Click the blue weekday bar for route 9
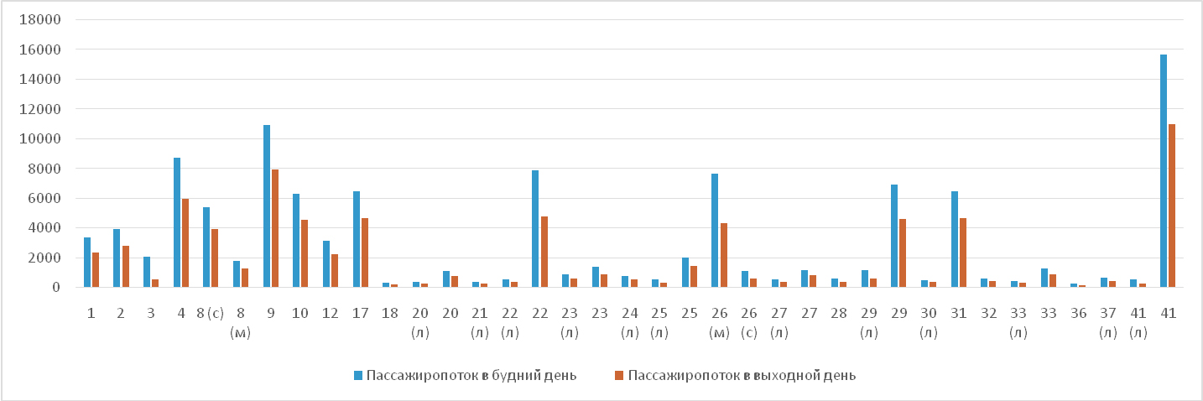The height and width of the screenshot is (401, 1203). (267, 206)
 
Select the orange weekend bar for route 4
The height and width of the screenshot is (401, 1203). (185, 243)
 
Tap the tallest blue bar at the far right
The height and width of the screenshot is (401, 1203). (1164, 171)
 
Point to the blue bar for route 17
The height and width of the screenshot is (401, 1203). (357, 239)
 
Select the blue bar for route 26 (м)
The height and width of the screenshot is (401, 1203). (715, 231)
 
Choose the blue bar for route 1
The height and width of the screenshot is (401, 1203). (87, 263)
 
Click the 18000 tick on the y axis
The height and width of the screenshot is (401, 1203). (44, 20)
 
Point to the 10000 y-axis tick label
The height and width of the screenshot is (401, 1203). (44, 139)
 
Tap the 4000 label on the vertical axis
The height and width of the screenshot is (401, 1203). (48, 228)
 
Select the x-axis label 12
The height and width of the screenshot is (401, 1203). (331, 313)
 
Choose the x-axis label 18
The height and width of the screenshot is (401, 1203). (390, 313)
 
